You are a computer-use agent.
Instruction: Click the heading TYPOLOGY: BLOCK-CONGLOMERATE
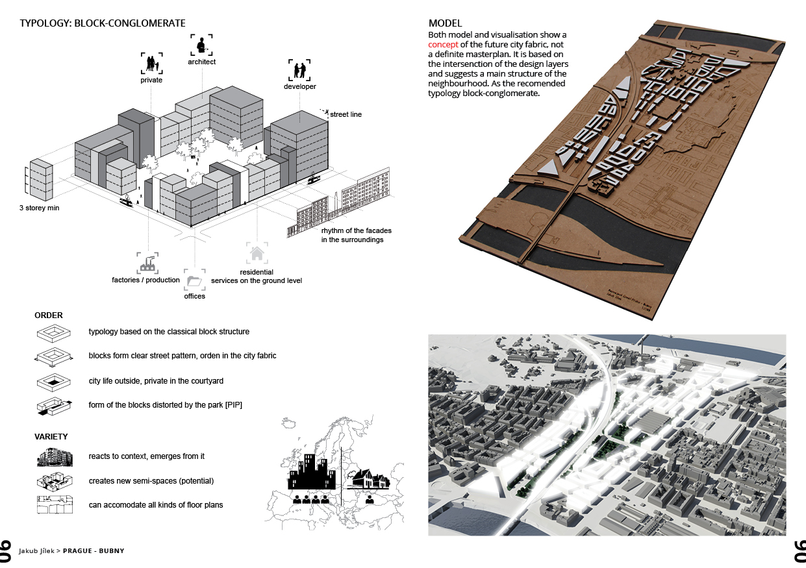103,23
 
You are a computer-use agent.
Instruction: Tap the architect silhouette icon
201,45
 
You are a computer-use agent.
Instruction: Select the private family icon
151,64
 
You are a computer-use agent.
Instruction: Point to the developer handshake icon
299,70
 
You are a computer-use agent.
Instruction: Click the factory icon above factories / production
147,264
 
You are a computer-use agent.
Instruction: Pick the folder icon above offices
194,280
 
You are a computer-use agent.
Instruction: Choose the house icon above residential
257,253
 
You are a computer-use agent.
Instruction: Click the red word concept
443,45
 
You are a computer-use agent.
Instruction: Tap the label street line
346,114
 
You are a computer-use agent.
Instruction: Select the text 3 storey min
39,208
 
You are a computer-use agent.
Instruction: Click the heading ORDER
49,315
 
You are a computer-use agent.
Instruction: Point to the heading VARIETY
51,437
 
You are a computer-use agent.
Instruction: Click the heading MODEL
445,23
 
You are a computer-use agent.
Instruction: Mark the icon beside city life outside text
54,382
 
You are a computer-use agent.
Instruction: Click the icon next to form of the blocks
55,406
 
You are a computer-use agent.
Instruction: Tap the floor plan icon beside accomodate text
55,504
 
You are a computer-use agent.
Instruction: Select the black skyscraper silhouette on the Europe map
312,471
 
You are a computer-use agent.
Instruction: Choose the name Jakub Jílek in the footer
36,550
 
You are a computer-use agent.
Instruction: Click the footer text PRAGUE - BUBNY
94,550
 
